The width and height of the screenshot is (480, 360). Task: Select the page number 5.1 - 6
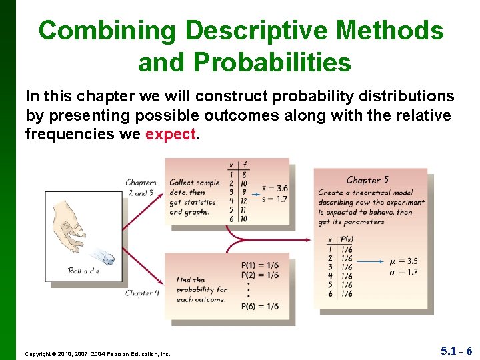[x=456, y=351]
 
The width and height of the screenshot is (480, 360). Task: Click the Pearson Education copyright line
[x=98, y=353]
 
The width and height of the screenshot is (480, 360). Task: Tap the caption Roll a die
[x=83, y=271]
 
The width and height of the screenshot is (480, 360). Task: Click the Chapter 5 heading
[x=367, y=179]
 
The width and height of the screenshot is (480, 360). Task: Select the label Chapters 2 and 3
[x=141, y=187]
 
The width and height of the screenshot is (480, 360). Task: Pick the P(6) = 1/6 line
[x=260, y=307]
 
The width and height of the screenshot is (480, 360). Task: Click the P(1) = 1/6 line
[x=260, y=265]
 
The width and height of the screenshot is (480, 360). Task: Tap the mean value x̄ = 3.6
[x=275, y=188]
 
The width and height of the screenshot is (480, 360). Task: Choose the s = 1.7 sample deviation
[x=275, y=198]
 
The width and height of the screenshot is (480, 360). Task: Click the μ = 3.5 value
[x=405, y=261]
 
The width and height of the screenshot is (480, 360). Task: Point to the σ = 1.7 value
[x=405, y=271]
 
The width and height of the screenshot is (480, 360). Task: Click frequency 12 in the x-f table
[x=243, y=201]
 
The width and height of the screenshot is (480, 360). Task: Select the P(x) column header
[x=346, y=240]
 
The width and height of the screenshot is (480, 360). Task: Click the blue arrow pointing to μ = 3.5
[x=373, y=262]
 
